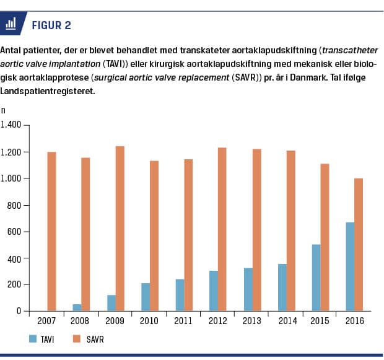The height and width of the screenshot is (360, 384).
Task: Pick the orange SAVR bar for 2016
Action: tap(358, 244)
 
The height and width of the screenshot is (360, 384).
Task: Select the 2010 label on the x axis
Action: tap(149, 322)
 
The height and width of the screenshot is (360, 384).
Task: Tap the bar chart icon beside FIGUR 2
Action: tap(11, 24)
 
